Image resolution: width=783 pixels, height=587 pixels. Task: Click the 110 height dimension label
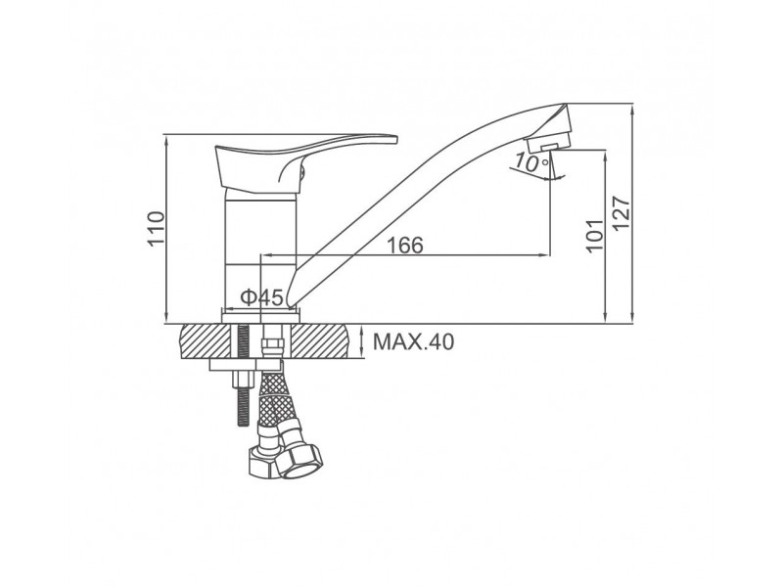[156, 229]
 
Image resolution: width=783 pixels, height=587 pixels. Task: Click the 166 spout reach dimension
[405, 246]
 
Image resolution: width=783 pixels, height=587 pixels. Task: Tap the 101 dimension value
[595, 236]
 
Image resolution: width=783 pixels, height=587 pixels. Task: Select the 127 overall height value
[622, 213]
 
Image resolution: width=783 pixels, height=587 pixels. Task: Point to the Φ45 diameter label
[262, 297]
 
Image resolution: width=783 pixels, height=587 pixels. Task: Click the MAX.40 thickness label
[414, 342]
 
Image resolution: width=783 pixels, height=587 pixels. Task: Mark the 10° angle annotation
[530, 161]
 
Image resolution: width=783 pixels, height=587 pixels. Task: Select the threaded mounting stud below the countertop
[243, 376]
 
